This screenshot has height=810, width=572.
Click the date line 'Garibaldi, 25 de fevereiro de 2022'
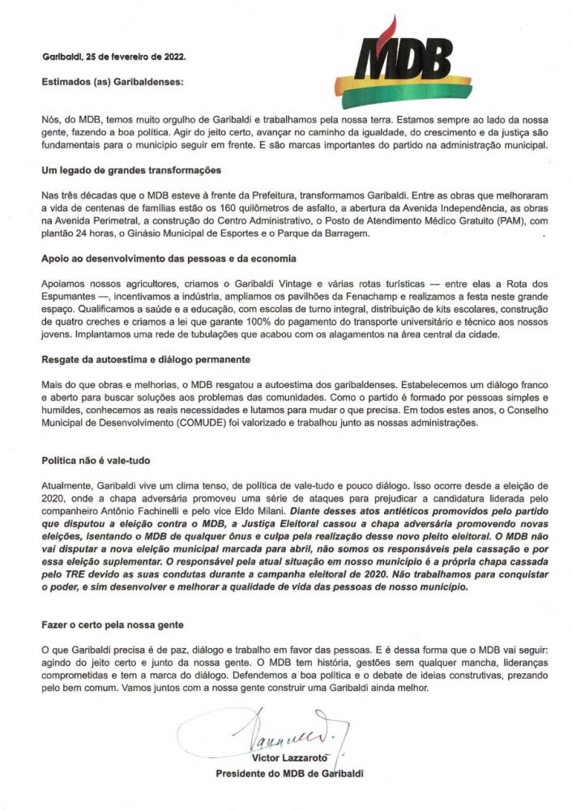[x=113, y=58]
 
